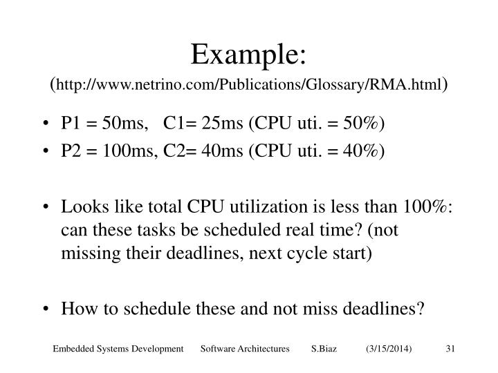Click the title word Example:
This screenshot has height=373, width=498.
250,53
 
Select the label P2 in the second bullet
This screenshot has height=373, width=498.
71,151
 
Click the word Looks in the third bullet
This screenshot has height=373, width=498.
82,207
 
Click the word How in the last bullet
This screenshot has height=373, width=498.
76,308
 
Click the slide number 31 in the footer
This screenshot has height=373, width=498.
449,351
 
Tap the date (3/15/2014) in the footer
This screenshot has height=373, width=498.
389,351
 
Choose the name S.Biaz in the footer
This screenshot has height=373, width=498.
324,351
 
